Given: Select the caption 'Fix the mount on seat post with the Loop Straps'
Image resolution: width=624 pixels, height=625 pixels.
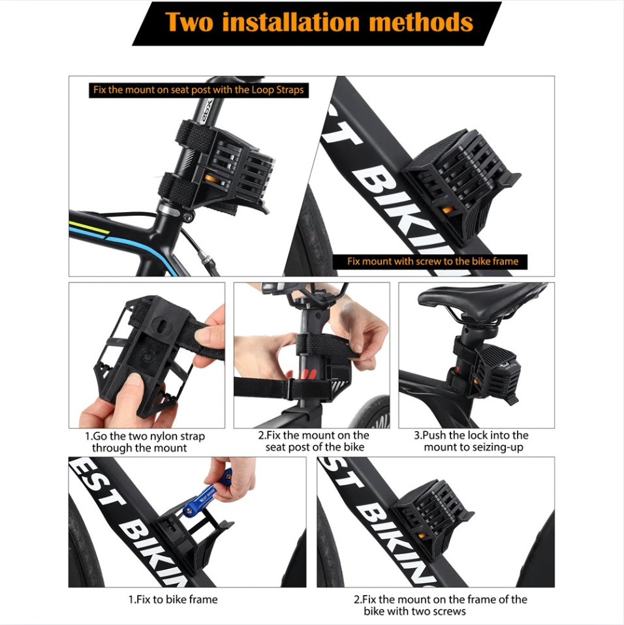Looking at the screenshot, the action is (x=198, y=89).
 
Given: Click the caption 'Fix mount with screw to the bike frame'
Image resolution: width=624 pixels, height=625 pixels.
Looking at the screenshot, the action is (x=433, y=262).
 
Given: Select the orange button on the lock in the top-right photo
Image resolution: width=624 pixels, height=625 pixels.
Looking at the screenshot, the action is (x=448, y=209).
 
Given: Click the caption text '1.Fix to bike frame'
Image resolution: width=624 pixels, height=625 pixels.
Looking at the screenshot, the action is (x=173, y=599).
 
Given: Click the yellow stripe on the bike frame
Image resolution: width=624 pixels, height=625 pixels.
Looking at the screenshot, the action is (x=89, y=228).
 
